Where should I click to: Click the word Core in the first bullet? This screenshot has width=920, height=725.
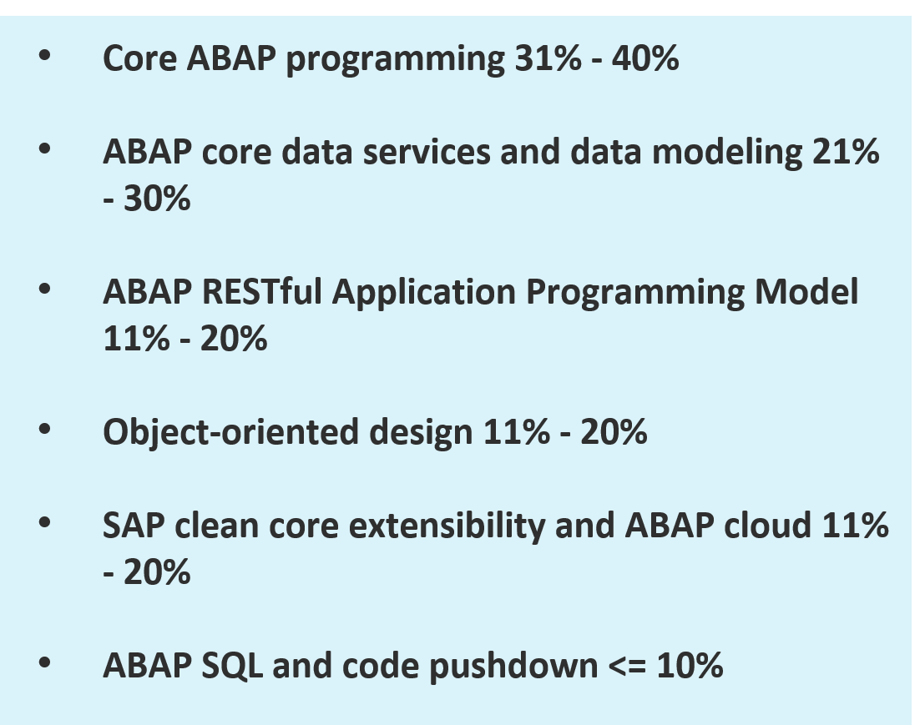click(x=139, y=58)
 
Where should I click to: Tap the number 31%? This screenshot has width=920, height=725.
click(x=548, y=58)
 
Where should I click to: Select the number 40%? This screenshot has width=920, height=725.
click(x=645, y=58)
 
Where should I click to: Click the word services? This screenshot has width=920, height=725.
click(x=427, y=151)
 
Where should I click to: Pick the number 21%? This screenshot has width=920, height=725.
click(x=846, y=151)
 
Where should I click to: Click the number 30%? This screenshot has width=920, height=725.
click(x=157, y=199)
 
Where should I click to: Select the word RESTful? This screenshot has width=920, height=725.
click(x=262, y=291)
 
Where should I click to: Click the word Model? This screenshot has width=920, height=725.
click(x=806, y=291)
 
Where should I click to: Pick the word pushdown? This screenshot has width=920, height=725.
click(x=513, y=667)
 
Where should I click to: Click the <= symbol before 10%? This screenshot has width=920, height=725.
click(x=627, y=667)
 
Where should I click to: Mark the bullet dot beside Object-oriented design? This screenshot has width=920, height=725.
click(x=44, y=429)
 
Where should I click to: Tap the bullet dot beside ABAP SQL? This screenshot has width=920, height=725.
click(x=44, y=662)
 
